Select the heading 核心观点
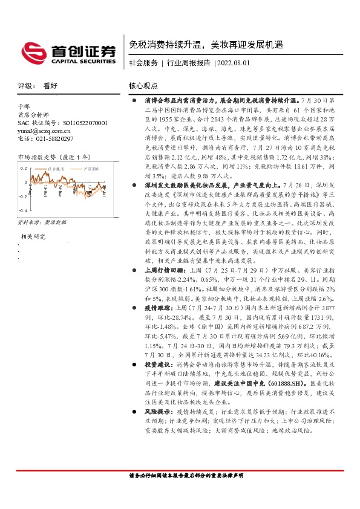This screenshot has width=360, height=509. coord(143,86)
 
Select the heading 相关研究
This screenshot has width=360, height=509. coord(34,236)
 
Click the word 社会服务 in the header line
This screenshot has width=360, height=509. coord(143,63)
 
